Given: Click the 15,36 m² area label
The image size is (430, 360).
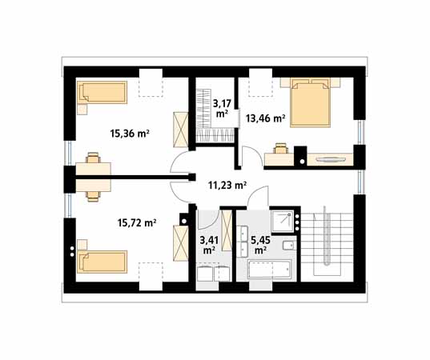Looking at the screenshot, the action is pyautogui.click(x=130, y=134).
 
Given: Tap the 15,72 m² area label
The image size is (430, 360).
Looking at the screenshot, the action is pyautogui.click(x=137, y=223).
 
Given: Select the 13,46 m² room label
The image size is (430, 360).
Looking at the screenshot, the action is pyautogui.click(x=265, y=118).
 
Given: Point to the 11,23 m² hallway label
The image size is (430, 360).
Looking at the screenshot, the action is pyautogui.click(x=227, y=186).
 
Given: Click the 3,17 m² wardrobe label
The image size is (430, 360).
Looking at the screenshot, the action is pyautogui.click(x=222, y=108).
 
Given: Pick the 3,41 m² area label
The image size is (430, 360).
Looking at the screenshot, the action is pyautogui.click(x=209, y=245).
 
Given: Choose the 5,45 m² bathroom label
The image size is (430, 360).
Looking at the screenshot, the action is pyautogui.click(x=260, y=245).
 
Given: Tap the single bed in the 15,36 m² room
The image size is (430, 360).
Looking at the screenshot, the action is pyautogui.click(x=102, y=92).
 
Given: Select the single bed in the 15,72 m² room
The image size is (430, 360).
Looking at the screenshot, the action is pyautogui.click(x=102, y=262).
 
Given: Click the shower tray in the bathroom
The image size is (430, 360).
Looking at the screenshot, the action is pyautogui.click(x=282, y=221).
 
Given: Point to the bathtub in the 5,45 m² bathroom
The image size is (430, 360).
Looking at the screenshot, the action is pyautogui.click(x=269, y=270).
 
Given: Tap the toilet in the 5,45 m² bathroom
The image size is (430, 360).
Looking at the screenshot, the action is pyautogui.click(x=288, y=246).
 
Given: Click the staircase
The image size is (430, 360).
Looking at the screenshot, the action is pyautogui.click(x=327, y=244).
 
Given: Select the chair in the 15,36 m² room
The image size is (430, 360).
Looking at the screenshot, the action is pyautogui.click(x=93, y=158).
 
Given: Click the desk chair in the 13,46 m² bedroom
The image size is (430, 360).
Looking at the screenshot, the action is pyautogui.click(x=281, y=148).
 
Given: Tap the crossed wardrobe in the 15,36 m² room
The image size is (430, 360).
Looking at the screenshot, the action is pyautogui.click(x=180, y=130).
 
